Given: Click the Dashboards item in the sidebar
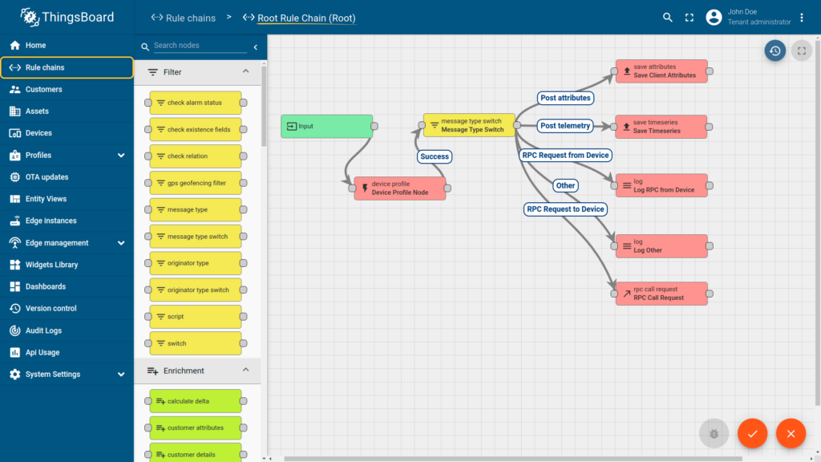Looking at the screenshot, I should [x=45, y=286].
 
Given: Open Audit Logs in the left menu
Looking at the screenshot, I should [x=43, y=330].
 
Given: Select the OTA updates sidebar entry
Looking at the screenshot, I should [x=47, y=177].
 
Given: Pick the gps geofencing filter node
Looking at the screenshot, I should [x=196, y=183].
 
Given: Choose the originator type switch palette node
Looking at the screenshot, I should [x=196, y=290].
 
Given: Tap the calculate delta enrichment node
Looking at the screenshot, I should [x=196, y=401].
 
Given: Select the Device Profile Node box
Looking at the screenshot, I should [x=399, y=188].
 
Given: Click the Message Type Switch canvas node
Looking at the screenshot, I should [x=469, y=125].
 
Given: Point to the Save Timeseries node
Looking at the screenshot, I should [x=661, y=127].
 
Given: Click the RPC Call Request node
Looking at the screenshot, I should [x=661, y=294].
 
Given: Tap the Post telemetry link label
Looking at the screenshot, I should [x=565, y=126].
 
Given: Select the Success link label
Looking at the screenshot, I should [x=435, y=156].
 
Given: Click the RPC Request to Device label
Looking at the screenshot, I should [x=565, y=209].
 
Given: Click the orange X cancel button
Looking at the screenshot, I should [x=791, y=434].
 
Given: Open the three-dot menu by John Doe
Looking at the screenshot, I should [x=802, y=18].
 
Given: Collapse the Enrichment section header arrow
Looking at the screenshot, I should [x=246, y=371].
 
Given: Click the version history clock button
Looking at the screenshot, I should [x=774, y=51].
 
